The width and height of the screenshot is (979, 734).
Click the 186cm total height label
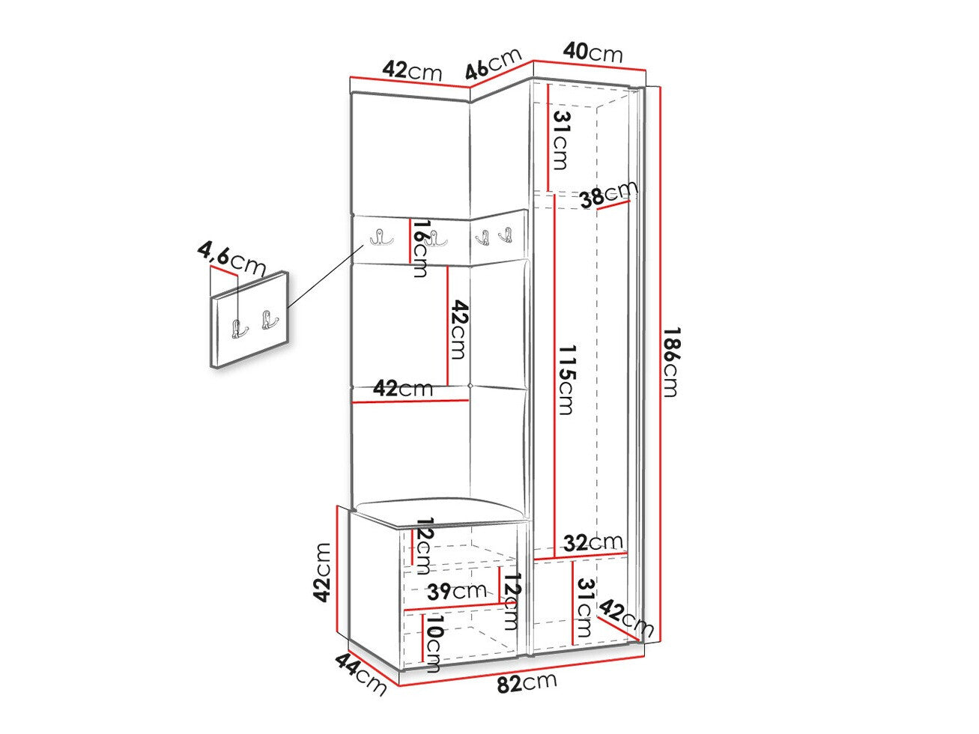[x=670, y=362]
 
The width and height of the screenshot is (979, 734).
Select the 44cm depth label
[x=360, y=673]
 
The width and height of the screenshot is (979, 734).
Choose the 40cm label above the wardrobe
[x=592, y=53]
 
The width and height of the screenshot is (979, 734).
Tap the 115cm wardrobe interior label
[x=566, y=380]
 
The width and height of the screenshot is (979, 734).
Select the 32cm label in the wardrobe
[x=593, y=543]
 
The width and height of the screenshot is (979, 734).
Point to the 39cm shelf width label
[x=457, y=591]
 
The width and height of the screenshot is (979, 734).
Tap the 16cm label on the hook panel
[x=419, y=249]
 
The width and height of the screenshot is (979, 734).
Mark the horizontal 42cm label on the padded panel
[x=403, y=389]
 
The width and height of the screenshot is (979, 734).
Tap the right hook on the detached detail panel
[x=270, y=320]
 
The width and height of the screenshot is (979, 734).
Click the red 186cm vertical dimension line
[x=660, y=365]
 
